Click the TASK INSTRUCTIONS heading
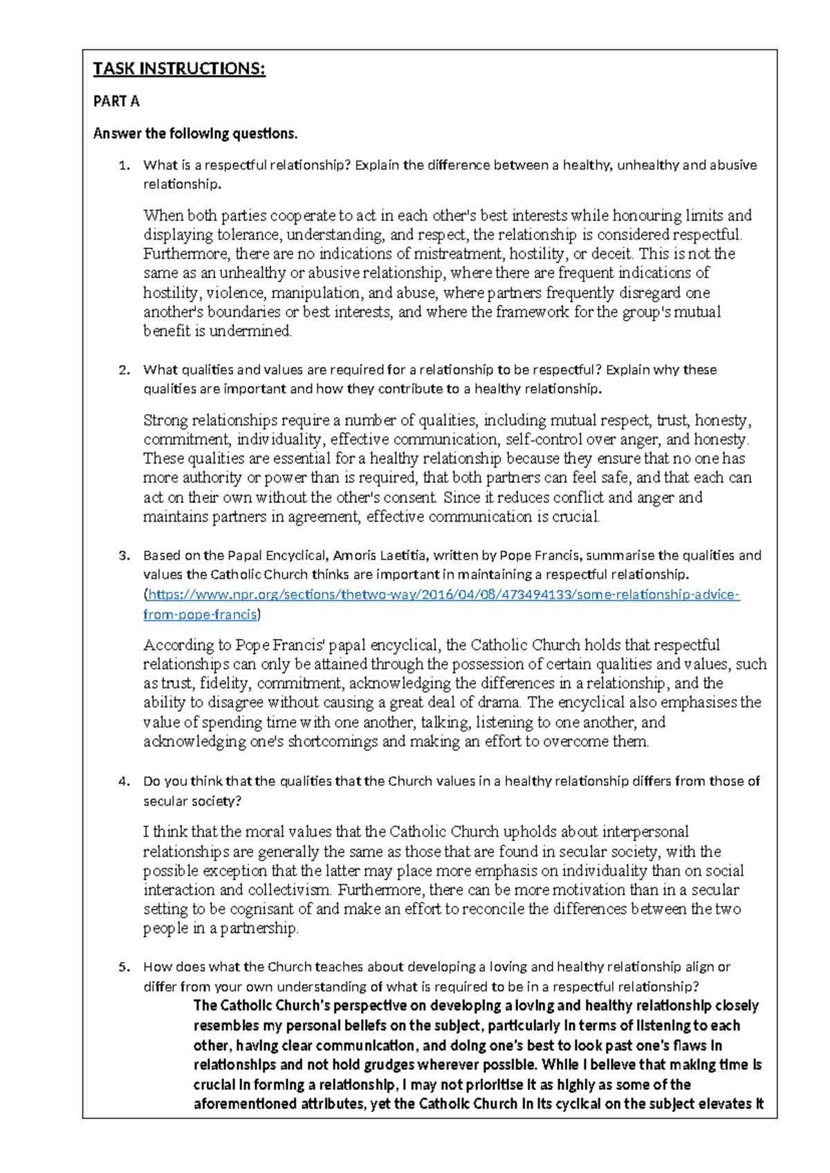(x=179, y=68)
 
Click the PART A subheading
(x=116, y=102)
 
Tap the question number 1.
(x=124, y=165)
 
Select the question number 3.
(x=124, y=555)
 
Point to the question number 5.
(x=124, y=967)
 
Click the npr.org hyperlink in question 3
(x=443, y=595)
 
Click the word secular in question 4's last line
(x=165, y=802)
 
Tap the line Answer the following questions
(x=195, y=133)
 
